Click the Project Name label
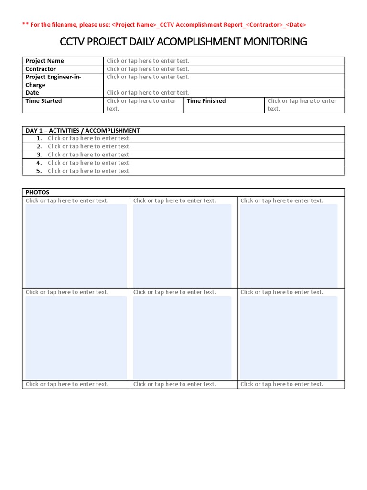tap(44, 61)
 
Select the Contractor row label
tap(41, 69)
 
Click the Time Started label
tap(43, 101)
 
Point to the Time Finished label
tap(206, 101)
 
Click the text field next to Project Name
tap(148, 61)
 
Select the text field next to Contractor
tap(148, 69)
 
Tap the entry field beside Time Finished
tap(302, 105)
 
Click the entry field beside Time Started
tap(141, 105)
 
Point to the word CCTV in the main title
tap(72, 42)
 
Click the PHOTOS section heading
tap(37, 192)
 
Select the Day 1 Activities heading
tap(83, 130)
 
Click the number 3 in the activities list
tap(39, 155)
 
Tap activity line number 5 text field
tap(89, 171)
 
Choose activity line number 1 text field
tap(89, 138)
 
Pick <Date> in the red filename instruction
tap(296, 25)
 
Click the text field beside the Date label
tap(148, 93)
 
